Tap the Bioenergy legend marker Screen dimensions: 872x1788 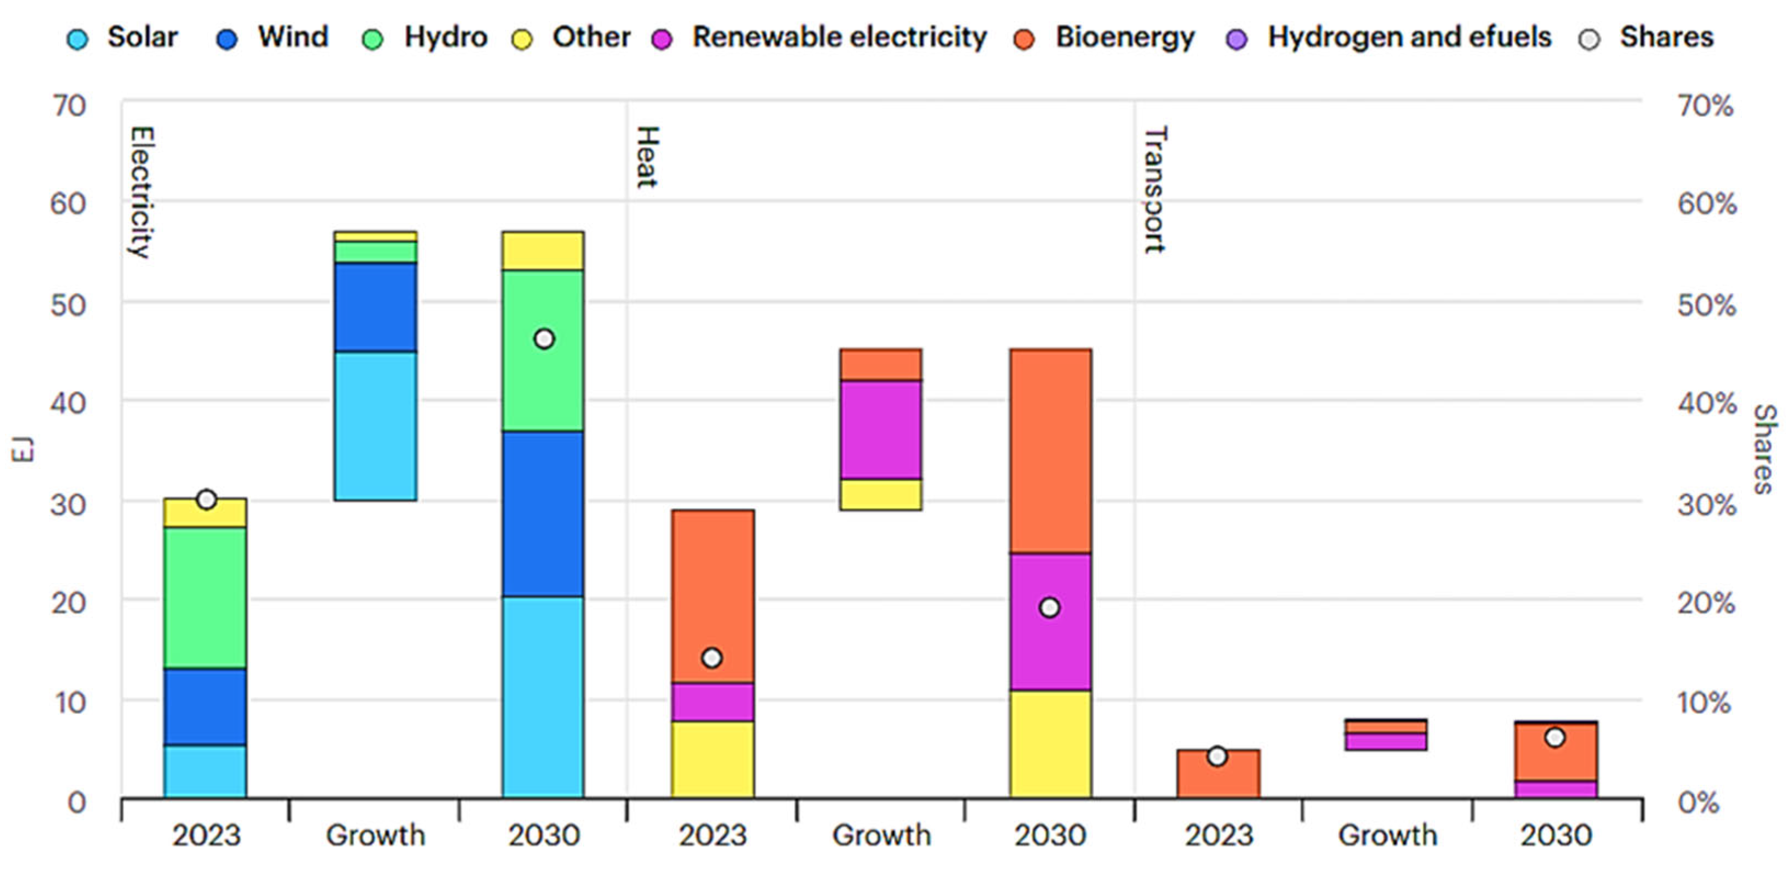pyautogui.click(x=1024, y=39)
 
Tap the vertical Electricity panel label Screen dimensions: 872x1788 pyautogui.click(x=141, y=192)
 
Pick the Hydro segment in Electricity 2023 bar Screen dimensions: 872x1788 pyautogui.click(x=206, y=598)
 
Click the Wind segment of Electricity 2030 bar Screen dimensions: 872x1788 pyautogui.click(x=543, y=514)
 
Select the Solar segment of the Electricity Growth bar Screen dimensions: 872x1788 pyautogui.click(x=375, y=426)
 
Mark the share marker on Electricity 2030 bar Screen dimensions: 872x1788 pyautogui.click(x=544, y=339)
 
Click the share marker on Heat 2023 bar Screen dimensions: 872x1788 pyautogui.click(x=711, y=658)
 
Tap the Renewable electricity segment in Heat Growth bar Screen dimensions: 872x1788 pyautogui.click(x=881, y=430)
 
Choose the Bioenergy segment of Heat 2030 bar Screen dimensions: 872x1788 pyautogui.click(x=1050, y=451)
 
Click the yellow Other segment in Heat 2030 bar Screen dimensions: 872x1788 pyautogui.click(x=1050, y=743)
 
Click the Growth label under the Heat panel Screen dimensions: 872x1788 pyautogui.click(x=881, y=835)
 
